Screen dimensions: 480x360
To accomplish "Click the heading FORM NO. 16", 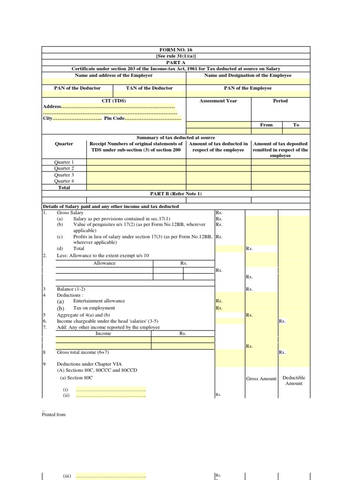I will point(176,50).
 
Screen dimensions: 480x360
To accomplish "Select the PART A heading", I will point(176,62).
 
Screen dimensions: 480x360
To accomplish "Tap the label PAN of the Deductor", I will point(77,88).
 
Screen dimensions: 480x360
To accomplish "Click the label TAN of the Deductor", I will point(149,88).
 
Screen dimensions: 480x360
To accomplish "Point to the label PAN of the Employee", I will point(247,88).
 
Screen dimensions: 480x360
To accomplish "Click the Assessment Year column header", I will point(218,101).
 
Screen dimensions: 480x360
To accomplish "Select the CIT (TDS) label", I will point(114,101).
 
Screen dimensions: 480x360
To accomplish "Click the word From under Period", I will point(266,125).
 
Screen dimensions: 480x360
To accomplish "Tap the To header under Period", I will point(296,125).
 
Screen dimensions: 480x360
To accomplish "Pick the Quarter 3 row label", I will point(64,175).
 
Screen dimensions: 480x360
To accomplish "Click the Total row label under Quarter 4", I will point(64,187).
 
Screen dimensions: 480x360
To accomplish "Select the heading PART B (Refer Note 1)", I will point(176,194).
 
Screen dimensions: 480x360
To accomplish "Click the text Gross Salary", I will point(70,213).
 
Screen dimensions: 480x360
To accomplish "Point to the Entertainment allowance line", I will point(99,301).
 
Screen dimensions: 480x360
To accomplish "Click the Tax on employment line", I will point(94,308).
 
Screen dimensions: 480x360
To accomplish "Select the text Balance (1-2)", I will point(71,289).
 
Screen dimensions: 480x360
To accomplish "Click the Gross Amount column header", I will point(261,379).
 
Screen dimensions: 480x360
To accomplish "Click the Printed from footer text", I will point(54,414).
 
